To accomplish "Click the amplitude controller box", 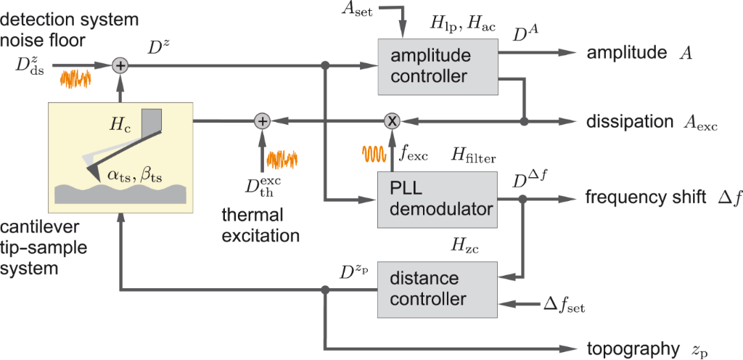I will pos(437,66).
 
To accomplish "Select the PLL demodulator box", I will pos(437,198).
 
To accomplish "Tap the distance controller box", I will pos(437,289).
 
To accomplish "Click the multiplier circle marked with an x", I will pos(391,120).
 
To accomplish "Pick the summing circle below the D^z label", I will pos(120,66).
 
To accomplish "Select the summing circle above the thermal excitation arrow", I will pos(263,120).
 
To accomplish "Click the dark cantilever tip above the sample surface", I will pos(93,171).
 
